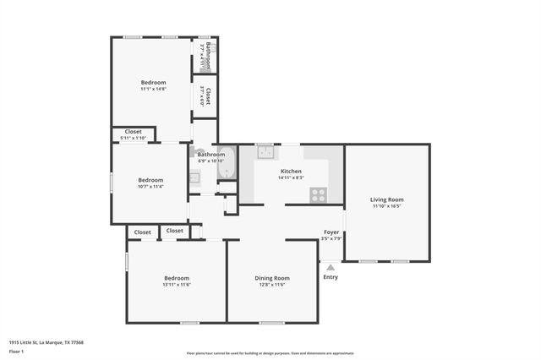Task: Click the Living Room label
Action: (386, 199)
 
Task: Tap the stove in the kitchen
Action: (319, 194)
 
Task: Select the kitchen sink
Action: (265, 153)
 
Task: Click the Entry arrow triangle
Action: (331, 267)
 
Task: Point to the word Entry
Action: (331, 277)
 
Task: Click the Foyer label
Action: (331, 232)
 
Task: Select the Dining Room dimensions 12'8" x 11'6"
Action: (272, 285)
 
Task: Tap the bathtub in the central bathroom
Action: (227, 170)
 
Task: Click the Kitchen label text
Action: (291, 171)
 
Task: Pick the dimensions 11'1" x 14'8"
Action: (153, 89)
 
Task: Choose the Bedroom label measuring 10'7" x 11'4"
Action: (150, 179)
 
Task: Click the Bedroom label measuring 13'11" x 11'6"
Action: (177, 278)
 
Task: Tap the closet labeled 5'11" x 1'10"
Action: (134, 134)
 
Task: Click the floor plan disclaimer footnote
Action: (270, 353)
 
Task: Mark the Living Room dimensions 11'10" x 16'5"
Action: (386, 206)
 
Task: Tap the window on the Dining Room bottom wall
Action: (272, 323)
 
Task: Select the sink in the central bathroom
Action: (194, 177)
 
